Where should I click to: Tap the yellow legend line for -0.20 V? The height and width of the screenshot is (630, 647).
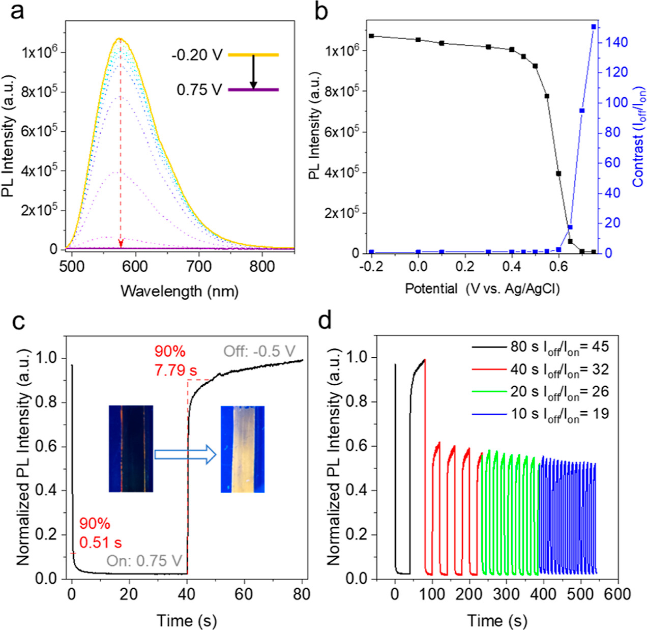tap(253, 54)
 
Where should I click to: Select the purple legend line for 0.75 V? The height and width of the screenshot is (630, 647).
tap(253, 90)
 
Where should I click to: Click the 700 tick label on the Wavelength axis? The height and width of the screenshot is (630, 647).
tap(198, 266)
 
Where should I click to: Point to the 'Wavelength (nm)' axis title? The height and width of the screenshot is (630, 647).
tap(179, 291)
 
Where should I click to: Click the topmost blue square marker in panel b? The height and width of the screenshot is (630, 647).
tap(594, 26)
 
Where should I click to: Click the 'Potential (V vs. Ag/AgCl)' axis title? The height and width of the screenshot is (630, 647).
tap(482, 289)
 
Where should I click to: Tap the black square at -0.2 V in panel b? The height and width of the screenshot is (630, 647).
tap(372, 36)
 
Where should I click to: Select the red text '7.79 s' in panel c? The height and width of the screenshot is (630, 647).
tap(176, 370)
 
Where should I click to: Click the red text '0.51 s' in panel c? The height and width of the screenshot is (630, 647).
tap(101, 542)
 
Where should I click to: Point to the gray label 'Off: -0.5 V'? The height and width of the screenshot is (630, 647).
tap(259, 351)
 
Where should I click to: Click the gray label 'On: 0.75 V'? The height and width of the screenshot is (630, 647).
tap(144, 561)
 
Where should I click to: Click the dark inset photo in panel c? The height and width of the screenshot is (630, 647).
tap(131, 449)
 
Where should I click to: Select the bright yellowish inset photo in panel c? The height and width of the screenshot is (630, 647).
tap(243, 449)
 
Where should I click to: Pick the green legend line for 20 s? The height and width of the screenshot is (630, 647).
tap(490, 392)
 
